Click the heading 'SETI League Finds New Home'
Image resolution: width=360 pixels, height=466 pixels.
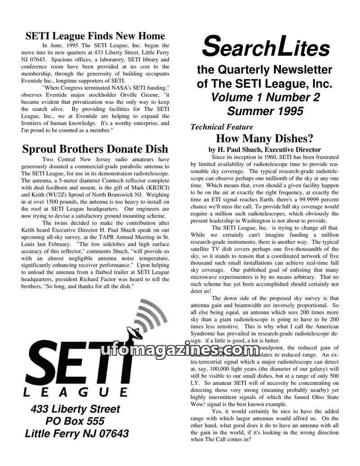[x=95, y=36]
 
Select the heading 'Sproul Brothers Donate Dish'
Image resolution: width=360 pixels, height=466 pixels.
[x=95, y=149]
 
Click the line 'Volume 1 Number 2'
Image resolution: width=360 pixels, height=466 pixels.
[x=265, y=97]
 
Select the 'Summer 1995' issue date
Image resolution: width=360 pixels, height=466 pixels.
[x=265, y=111]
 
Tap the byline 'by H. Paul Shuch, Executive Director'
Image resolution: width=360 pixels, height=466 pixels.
[x=265, y=149]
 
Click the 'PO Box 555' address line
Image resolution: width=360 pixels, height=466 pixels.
[x=75, y=421]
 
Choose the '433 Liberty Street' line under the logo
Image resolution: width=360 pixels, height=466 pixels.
[x=75, y=409]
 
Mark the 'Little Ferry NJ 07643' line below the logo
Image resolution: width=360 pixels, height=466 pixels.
[x=76, y=434]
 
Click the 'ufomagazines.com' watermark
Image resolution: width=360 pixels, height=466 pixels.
[x=180, y=351]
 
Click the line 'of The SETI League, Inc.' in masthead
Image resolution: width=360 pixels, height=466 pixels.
[x=265, y=84]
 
